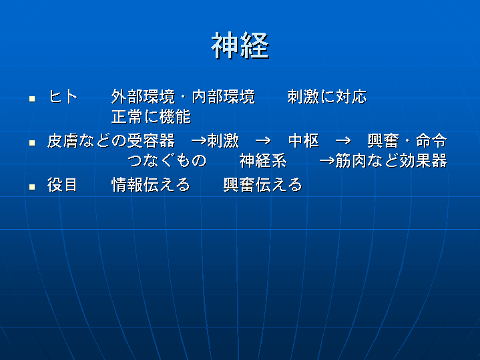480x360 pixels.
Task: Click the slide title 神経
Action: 240,45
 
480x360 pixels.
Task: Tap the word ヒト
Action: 63,97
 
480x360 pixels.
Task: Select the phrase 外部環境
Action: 143,97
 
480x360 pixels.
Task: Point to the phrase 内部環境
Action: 224,97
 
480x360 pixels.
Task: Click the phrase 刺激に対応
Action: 327,97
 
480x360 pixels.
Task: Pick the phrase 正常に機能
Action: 151,117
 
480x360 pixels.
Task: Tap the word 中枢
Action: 304,141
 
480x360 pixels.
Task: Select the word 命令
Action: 431,141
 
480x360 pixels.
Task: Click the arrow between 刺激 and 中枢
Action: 263,141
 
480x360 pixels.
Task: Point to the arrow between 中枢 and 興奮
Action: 343,141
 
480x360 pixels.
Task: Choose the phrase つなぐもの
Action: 167,161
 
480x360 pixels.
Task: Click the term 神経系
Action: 263,161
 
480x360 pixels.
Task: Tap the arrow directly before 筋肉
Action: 327,161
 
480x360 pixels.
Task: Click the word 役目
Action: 62,185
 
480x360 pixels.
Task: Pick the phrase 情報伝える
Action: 151,185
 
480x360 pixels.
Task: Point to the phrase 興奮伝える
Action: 263,185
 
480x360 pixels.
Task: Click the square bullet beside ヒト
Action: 32,99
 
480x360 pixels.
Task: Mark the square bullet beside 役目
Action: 32,186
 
